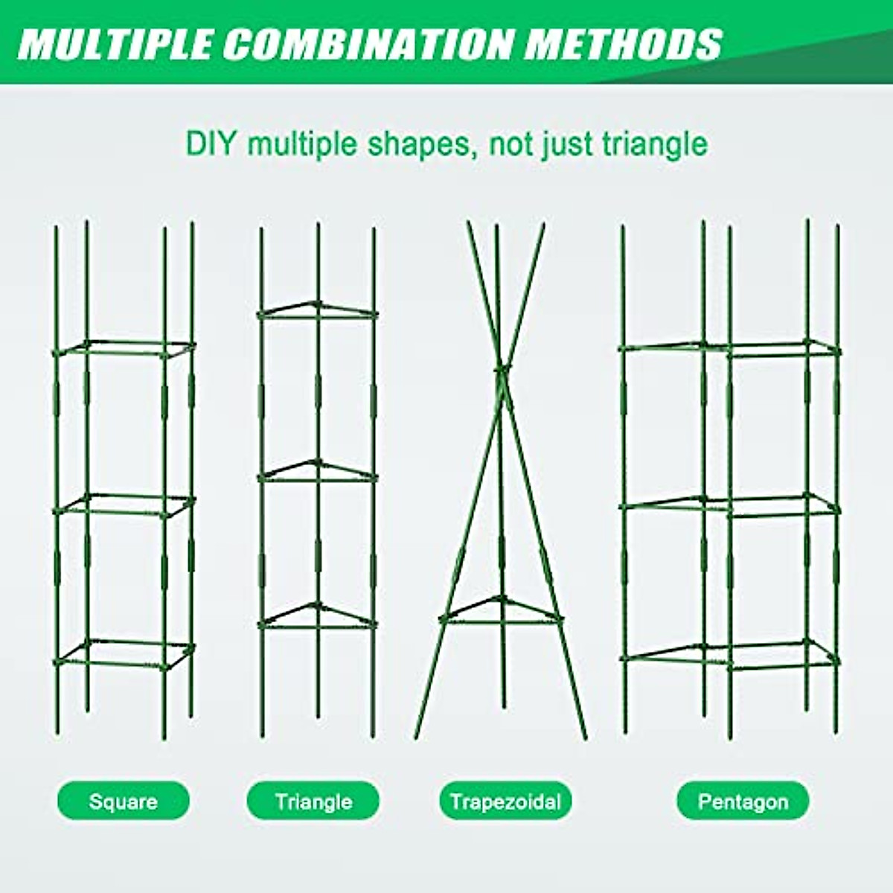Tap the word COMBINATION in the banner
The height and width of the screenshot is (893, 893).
368,44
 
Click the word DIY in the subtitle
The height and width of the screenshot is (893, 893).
211,144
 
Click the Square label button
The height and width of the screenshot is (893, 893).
124,801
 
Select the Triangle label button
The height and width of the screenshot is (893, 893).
313,801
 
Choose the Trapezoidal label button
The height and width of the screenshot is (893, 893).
505,801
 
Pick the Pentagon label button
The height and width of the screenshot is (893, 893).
743,801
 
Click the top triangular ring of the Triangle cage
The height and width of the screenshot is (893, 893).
318,311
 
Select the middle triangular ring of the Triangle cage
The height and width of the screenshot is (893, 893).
318,470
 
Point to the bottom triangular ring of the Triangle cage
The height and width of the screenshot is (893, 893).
318,616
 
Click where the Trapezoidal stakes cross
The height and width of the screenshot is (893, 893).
501,370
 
